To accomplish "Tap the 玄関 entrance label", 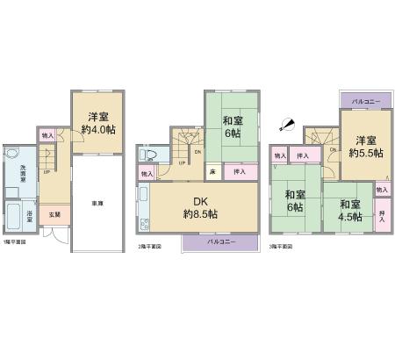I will point(54,213).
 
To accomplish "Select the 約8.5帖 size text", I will point(201,214).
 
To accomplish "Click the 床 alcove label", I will point(212,173).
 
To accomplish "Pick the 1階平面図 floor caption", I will point(13,241).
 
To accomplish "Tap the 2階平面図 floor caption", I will point(150,248).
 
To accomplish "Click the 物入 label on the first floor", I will point(47,136).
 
